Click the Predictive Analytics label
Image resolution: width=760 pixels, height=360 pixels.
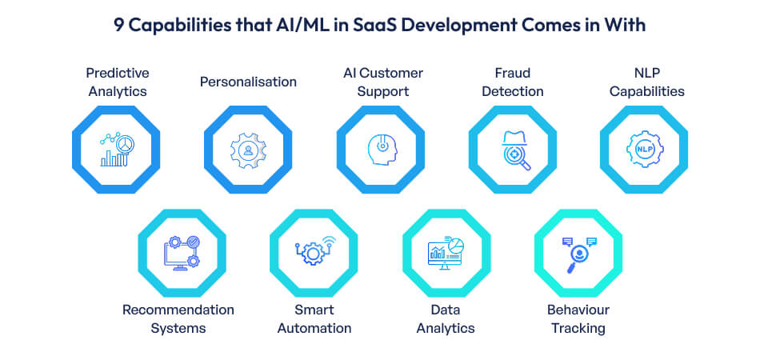117,82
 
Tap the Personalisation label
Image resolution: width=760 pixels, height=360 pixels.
248,82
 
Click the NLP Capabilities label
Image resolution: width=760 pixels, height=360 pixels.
646,82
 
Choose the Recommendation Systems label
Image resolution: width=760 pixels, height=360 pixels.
178,318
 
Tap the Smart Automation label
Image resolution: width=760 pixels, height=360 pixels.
312,318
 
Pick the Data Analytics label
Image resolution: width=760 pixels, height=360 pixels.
446,318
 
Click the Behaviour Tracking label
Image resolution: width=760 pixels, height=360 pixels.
578,318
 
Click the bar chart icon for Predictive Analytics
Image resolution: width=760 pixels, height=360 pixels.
116,149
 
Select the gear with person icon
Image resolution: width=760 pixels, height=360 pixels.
248,149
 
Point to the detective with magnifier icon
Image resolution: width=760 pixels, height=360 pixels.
512,149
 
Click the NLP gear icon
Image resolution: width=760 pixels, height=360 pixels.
644,149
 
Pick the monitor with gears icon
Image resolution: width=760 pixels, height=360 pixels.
181,253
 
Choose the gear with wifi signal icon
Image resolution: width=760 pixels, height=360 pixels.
314,253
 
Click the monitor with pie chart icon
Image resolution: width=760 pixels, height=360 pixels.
446,253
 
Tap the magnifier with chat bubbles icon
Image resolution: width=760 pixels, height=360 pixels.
578,253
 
